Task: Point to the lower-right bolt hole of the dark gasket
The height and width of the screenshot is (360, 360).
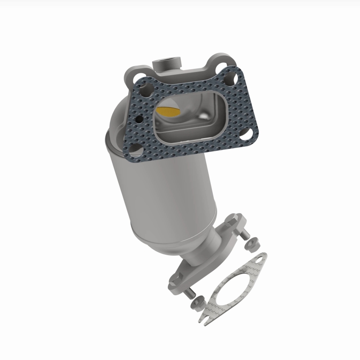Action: pos(247,134)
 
